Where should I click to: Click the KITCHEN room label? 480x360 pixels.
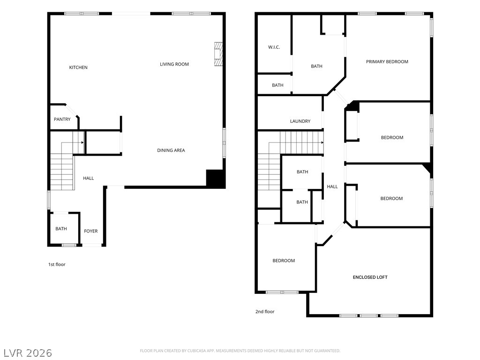[x=78, y=67]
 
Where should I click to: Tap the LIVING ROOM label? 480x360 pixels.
[x=174, y=64]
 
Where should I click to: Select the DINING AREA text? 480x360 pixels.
[x=171, y=150]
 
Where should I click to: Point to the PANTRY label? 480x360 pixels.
[x=62, y=120]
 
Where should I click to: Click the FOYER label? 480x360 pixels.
[x=91, y=231]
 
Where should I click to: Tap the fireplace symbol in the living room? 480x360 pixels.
[x=218, y=54]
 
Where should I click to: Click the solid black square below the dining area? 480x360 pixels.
[x=216, y=178]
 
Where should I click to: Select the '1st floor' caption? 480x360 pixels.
[x=57, y=264]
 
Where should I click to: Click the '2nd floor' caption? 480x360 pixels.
[x=265, y=312]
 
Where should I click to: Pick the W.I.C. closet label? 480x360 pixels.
[x=274, y=47]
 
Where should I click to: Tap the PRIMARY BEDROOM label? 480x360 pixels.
[x=387, y=61]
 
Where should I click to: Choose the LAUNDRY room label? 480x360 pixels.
[x=300, y=121]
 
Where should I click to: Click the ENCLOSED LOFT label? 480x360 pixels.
[x=370, y=277]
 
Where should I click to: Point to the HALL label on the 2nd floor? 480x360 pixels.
[x=332, y=187]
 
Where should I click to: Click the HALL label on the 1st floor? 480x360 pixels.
[x=89, y=178]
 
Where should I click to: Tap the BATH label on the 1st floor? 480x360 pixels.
[x=61, y=229]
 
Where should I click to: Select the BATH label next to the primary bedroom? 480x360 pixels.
[x=316, y=66]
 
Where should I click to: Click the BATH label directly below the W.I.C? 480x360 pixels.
[x=277, y=85]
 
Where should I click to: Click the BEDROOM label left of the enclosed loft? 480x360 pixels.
[x=284, y=261]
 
